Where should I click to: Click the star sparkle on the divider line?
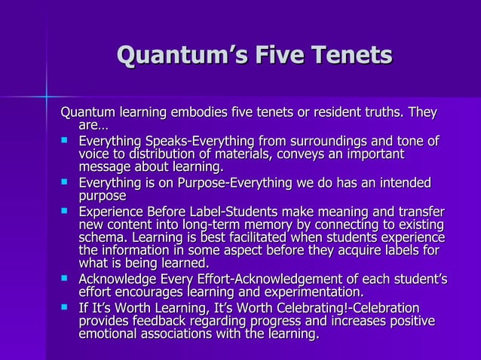(44, 96)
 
